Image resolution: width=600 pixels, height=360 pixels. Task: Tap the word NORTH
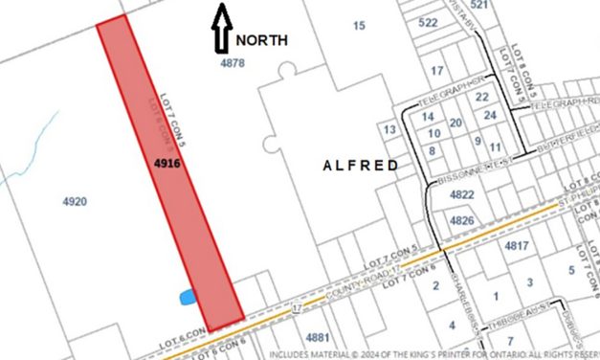tap(263, 40)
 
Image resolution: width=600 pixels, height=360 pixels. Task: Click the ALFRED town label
tap(360, 166)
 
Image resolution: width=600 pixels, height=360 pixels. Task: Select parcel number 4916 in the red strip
tap(167, 164)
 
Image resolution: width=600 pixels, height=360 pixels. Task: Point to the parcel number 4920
tap(74, 201)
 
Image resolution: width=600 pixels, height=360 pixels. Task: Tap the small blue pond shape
tap(188, 298)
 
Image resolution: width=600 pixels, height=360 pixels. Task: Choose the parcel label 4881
tap(317, 337)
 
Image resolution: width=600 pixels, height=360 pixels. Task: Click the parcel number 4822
tap(461, 194)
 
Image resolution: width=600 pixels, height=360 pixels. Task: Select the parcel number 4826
tap(461, 220)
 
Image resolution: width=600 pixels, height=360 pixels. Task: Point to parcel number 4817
tap(517, 246)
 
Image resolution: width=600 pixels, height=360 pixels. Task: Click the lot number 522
tap(428, 22)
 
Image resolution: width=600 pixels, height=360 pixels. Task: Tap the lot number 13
tap(389, 129)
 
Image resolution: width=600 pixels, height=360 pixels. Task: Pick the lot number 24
tap(490, 115)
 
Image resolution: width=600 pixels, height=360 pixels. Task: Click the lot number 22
tap(482, 97)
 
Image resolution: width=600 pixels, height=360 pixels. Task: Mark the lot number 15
tap(359, 25)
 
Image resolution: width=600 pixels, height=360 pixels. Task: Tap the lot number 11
tap(494, 146)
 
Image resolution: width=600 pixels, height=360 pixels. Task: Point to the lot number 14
tap(429, 116)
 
